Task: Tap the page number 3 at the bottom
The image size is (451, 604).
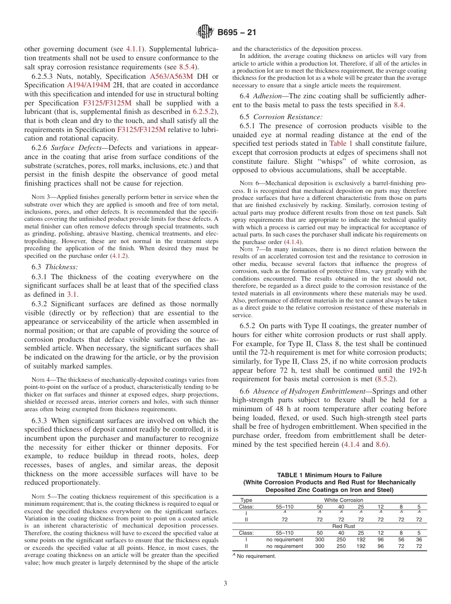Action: (x=225, y=583)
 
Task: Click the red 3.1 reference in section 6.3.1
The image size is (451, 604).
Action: (x=72, y=294)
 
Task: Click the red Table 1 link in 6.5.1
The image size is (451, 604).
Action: (x=341, y=143)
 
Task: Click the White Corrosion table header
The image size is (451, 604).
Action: (x=343, y=500)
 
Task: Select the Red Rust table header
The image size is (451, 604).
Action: (x=343, y=526)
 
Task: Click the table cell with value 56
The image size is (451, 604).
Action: (x=401, y=539)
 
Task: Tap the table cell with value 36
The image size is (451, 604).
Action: (x=419, y=539)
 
